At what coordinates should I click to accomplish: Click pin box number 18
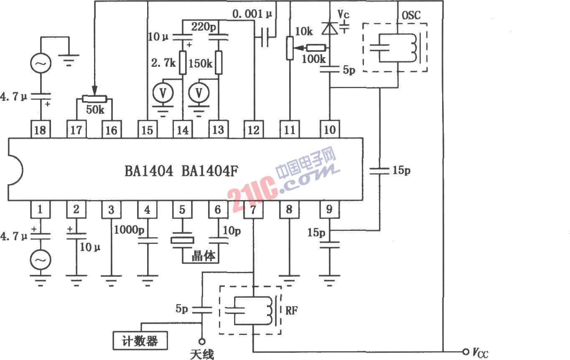(41, 129)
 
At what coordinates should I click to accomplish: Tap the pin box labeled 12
(253, 129)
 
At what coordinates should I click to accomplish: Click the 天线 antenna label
(202, 355)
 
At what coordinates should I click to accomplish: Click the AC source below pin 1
(41, 260)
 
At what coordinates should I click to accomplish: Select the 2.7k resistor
(183, 63)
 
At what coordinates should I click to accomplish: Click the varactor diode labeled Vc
(330, 28)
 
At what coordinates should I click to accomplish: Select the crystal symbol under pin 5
(183, 240)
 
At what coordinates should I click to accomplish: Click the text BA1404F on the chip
(210, 171)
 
